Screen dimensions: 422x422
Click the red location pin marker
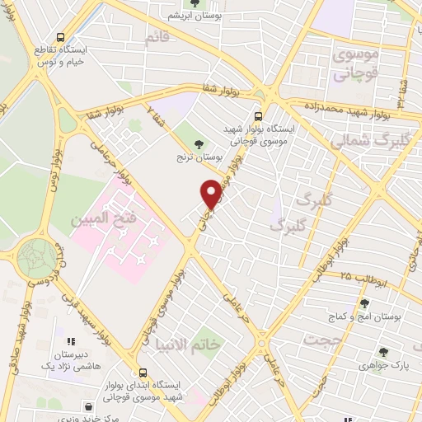coord(212,193)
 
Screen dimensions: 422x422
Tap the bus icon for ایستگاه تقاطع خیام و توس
coord(60,37)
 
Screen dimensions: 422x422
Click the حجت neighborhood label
coord(320,338)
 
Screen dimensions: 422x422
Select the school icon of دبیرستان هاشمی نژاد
coord(71,340)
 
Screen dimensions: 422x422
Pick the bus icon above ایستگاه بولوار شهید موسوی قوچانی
coord(258,115)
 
